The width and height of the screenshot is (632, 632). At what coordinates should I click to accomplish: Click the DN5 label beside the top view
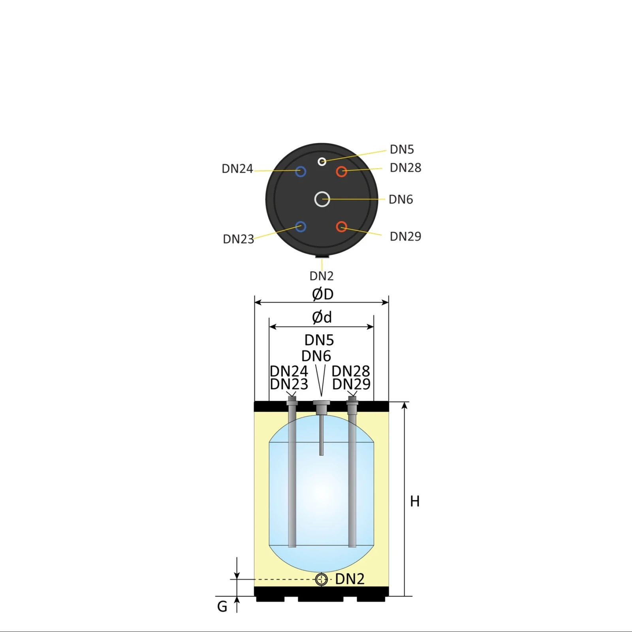pos(402,149)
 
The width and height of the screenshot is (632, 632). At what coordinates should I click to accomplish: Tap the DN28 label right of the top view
pos(405,168)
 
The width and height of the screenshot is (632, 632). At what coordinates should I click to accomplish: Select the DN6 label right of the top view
pos(401,199)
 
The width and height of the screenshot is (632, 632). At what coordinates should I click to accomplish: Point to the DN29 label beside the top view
pos(405,236)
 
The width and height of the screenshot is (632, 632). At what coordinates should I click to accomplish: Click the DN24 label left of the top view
pos(237,169)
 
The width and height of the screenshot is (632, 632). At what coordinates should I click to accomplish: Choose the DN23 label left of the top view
pos(238,239)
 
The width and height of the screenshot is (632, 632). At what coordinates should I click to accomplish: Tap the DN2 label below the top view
pos(322,276)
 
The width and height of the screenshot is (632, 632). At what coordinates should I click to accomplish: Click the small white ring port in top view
pos(322,162)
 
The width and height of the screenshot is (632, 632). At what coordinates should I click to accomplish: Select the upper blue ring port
pos(301,167)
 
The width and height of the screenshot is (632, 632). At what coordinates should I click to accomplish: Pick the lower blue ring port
pos(301,222)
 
